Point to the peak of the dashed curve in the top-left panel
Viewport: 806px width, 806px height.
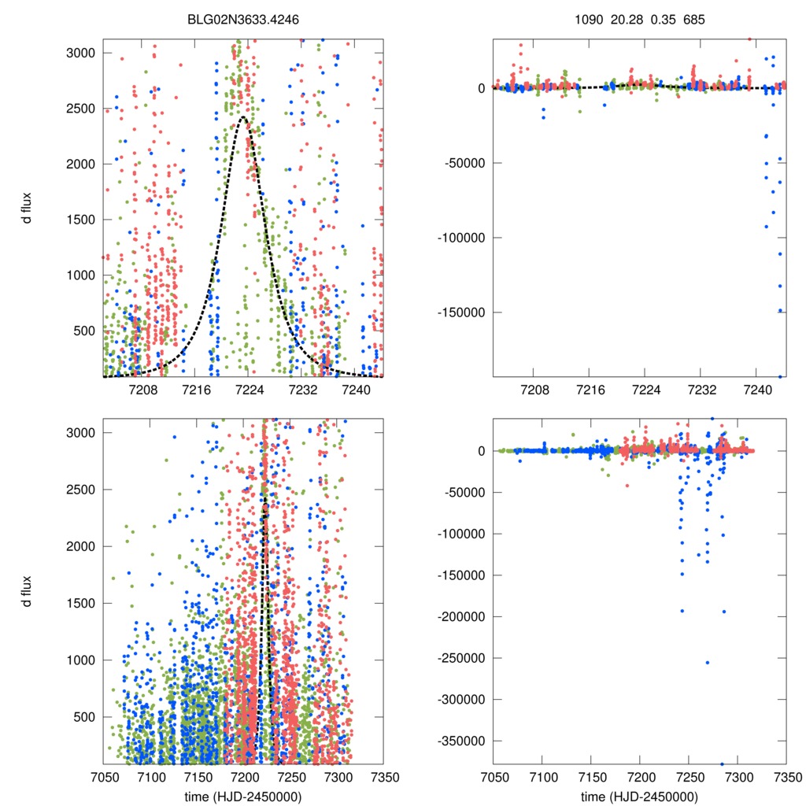coord(242,117)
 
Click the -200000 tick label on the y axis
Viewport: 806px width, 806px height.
coord(460,616)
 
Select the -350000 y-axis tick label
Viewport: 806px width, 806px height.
coord(460,741)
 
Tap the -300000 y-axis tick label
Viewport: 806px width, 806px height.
coord(460,699)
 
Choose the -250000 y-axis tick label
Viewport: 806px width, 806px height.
coord(460,658)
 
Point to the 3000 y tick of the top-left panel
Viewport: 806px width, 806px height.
coord(81,53)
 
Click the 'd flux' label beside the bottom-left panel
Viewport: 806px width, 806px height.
coord(28,590)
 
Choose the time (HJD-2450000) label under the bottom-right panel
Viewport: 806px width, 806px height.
coord(638,796)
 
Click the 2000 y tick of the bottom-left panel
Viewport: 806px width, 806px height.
coord(81,546)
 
